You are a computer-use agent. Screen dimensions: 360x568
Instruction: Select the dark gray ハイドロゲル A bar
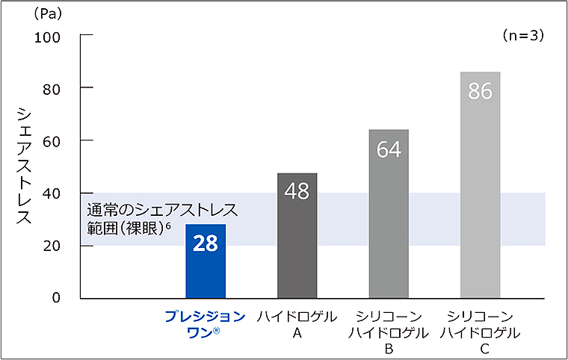point(297,246)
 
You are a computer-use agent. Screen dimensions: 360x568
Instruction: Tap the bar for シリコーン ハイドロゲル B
point(389,224)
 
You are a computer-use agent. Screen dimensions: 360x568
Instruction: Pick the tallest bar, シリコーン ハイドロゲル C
point(480,194)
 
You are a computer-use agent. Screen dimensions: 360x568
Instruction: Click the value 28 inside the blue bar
point(206,244)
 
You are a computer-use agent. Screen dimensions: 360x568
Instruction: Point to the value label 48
point(297,192)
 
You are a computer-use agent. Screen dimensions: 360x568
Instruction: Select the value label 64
point(389,149)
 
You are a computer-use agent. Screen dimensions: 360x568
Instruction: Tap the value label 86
point(480,91)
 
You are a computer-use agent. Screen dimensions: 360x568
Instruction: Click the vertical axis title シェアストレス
point(25,166)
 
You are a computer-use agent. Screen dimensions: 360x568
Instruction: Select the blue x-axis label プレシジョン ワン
point(205,324)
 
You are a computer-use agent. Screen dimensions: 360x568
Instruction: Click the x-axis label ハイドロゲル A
point(297,324)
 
